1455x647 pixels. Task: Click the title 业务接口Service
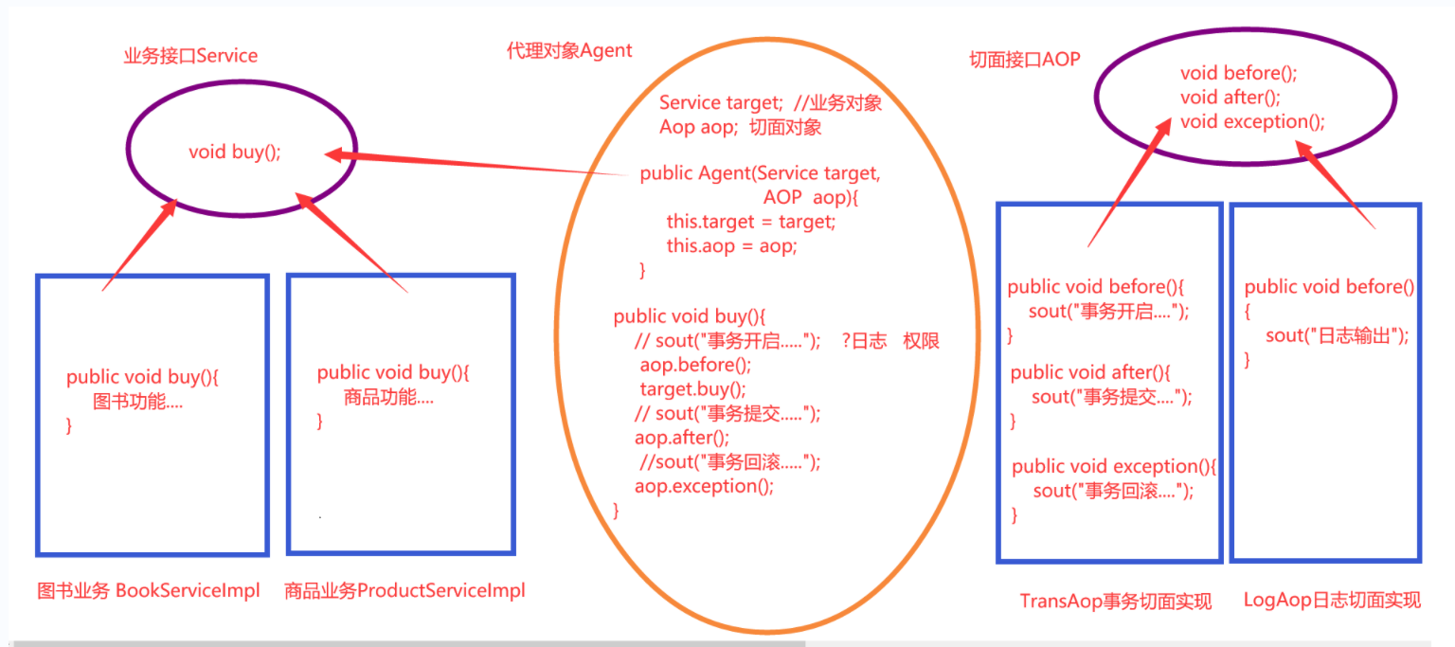click(x=190, y=56)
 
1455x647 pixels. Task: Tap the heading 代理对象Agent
click(x=569, y=51)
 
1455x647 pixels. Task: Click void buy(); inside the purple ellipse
click(x=235, y=152)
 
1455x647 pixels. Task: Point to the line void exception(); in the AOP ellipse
click(x=1252, y=121)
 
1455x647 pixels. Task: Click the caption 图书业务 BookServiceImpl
click(x=148, y=591)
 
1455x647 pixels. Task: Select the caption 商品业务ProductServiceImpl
click(x=404, y=591)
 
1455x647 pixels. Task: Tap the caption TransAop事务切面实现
click(x=1115, y=601)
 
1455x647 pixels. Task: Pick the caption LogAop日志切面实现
click(x=1332, y=600)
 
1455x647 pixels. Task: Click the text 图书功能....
click(x=137, y=402)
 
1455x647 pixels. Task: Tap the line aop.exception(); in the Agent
click(x=704, y=486)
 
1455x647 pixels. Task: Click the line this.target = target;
click(x=751, y=222)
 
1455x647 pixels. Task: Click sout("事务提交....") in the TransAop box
click(x=1111, y=396)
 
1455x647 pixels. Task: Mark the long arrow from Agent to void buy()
click(x=474, y=163)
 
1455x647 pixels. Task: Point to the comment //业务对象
click(x=838, y=102)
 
